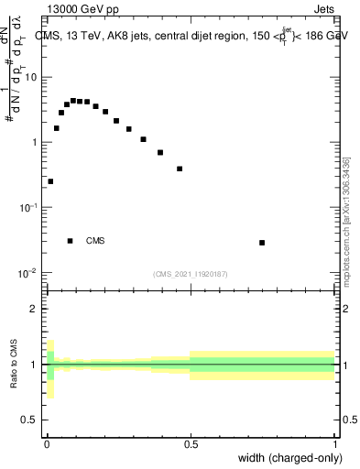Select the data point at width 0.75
point(262,243)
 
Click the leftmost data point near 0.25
point(50,181)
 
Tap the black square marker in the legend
point(71,241)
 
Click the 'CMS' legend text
point(95,242)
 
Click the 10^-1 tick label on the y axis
point(28,208)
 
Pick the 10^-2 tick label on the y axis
point(28,274)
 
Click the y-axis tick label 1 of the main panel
point(35,143)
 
